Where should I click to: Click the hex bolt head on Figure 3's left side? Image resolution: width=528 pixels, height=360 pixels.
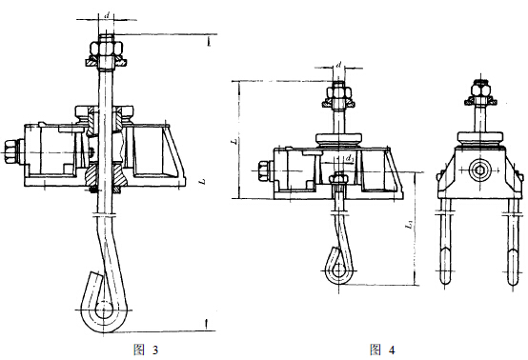click(10, 149)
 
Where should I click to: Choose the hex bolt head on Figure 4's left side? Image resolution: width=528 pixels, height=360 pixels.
click(264, 173)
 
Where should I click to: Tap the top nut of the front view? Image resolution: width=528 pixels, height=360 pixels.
click(482, 94)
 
